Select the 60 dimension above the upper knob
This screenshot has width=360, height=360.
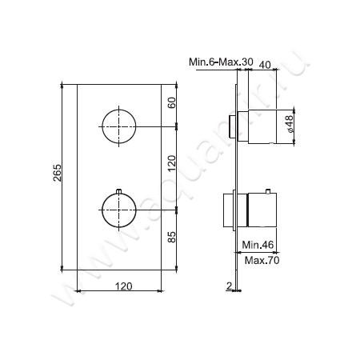pos(171,103)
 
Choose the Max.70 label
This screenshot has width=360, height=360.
pos(259,261)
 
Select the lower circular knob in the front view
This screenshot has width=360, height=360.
pos(118,210)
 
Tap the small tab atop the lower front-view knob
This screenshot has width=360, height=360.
pos(118,190)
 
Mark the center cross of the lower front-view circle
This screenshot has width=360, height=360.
pos(118,210)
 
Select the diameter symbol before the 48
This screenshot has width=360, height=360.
pos(290,132)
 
